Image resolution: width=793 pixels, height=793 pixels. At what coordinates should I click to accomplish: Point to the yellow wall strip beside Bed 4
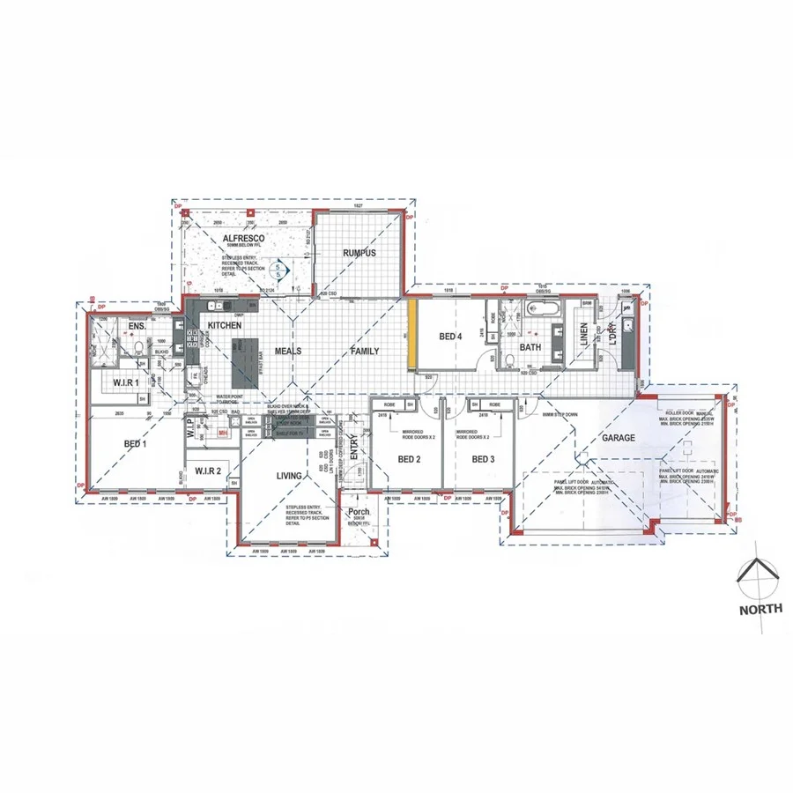[411, 336]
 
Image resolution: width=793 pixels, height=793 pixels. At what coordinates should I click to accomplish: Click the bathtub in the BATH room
[539, 308]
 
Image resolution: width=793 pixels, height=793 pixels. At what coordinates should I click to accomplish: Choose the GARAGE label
[619, 437]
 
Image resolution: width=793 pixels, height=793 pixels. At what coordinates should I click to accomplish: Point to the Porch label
[359, 512]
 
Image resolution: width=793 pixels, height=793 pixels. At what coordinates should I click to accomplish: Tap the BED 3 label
[485, 459]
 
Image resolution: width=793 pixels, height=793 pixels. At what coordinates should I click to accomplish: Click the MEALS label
[287, 351]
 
